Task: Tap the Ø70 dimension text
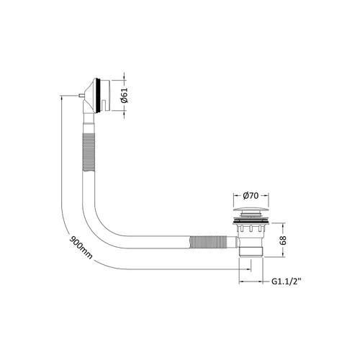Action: point(241,196)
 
